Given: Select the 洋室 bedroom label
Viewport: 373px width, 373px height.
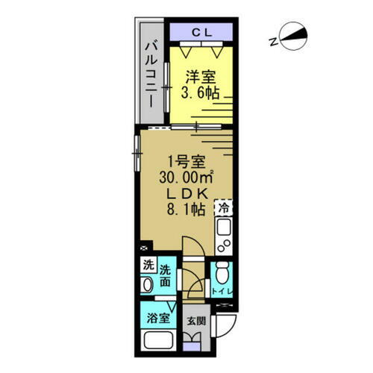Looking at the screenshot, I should pyautogui.click(x=199, y=77).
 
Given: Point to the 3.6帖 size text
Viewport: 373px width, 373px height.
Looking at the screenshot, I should pyautogui.click(x=200, y=93).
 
